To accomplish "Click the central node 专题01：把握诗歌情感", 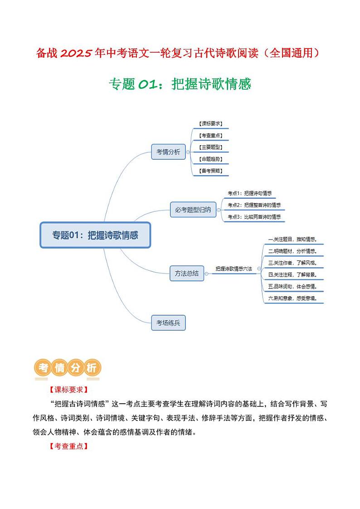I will [x=95, y=235].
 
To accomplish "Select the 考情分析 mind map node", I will [x=168, y=152].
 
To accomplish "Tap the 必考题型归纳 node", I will [x=193, y=210].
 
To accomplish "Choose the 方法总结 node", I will [x=186, y=273].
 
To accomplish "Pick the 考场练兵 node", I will [x=168, y=323].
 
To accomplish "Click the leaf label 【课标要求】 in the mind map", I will [x=210, y=123].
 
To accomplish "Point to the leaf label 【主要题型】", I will [x=210, y=147].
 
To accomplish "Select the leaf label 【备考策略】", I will [x=210, y=171].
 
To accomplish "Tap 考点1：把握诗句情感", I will [x=249, y=193].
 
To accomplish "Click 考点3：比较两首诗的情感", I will [x=254, y=217].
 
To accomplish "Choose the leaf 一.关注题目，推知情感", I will [x=292, y=239].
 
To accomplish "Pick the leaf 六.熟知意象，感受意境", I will [x=292, y=298].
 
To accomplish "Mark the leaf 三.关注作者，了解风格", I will [x=292, y=263].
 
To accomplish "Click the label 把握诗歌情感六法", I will [x=234, y=269].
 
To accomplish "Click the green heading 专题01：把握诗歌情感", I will [x=180, y=84].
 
